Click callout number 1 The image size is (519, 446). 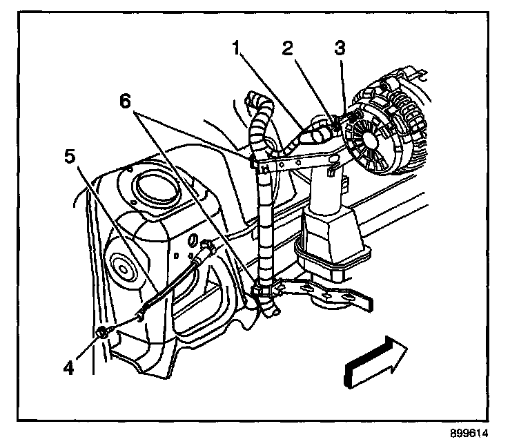coord(237,49)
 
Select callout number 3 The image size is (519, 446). coord(338,48)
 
